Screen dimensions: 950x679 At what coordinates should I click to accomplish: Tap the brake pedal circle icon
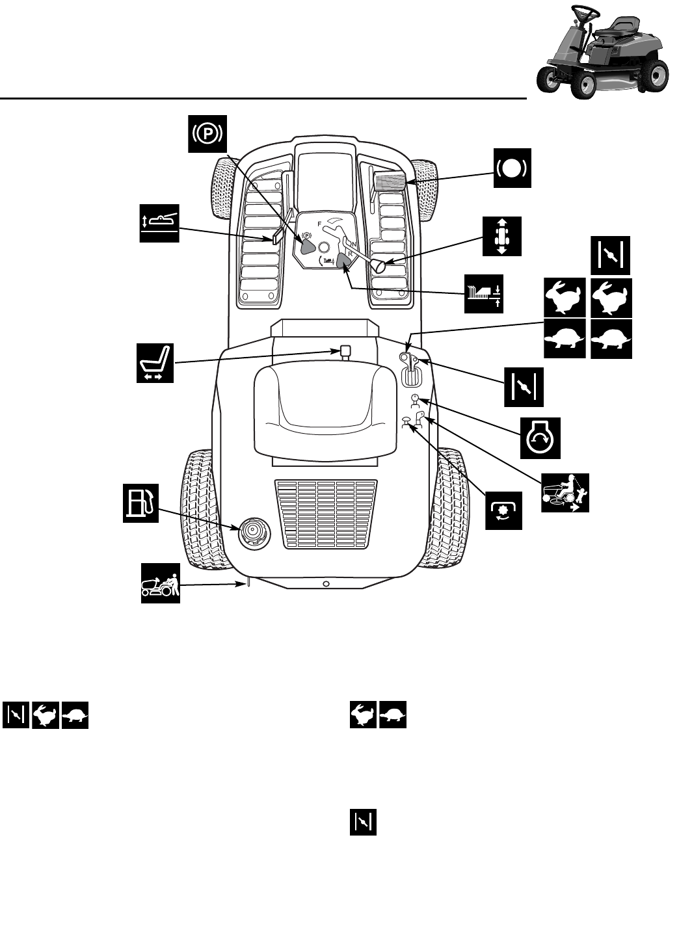pos(512,168)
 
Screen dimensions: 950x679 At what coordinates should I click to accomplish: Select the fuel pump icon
pos(141,503)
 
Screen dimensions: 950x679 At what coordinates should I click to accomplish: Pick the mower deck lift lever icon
pos(159,223)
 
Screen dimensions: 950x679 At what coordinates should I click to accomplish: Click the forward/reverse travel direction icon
pos(503,235)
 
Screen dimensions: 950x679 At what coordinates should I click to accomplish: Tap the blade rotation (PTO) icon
pos(503,511)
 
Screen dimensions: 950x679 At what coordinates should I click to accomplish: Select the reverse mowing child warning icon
pos(565,492)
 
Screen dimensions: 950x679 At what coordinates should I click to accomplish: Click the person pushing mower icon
pos(161,583)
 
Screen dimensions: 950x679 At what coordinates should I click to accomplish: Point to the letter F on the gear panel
pos(319,224)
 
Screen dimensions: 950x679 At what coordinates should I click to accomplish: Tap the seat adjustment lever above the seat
pos(345,352)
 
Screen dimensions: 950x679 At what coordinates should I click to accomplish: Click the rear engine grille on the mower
pos(325,513)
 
